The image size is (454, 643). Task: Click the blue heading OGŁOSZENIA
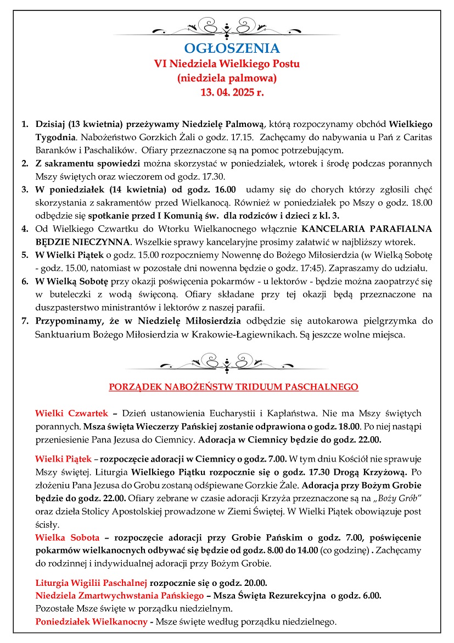point(227,48)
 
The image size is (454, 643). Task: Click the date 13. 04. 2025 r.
point(227,92)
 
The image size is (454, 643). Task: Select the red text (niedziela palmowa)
point(227,78)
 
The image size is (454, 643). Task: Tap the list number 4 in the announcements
point(25,229)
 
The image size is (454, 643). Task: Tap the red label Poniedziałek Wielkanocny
point(91,622)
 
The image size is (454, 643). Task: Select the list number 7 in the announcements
point(25,321)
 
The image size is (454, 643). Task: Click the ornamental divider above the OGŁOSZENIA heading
point(227,26)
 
